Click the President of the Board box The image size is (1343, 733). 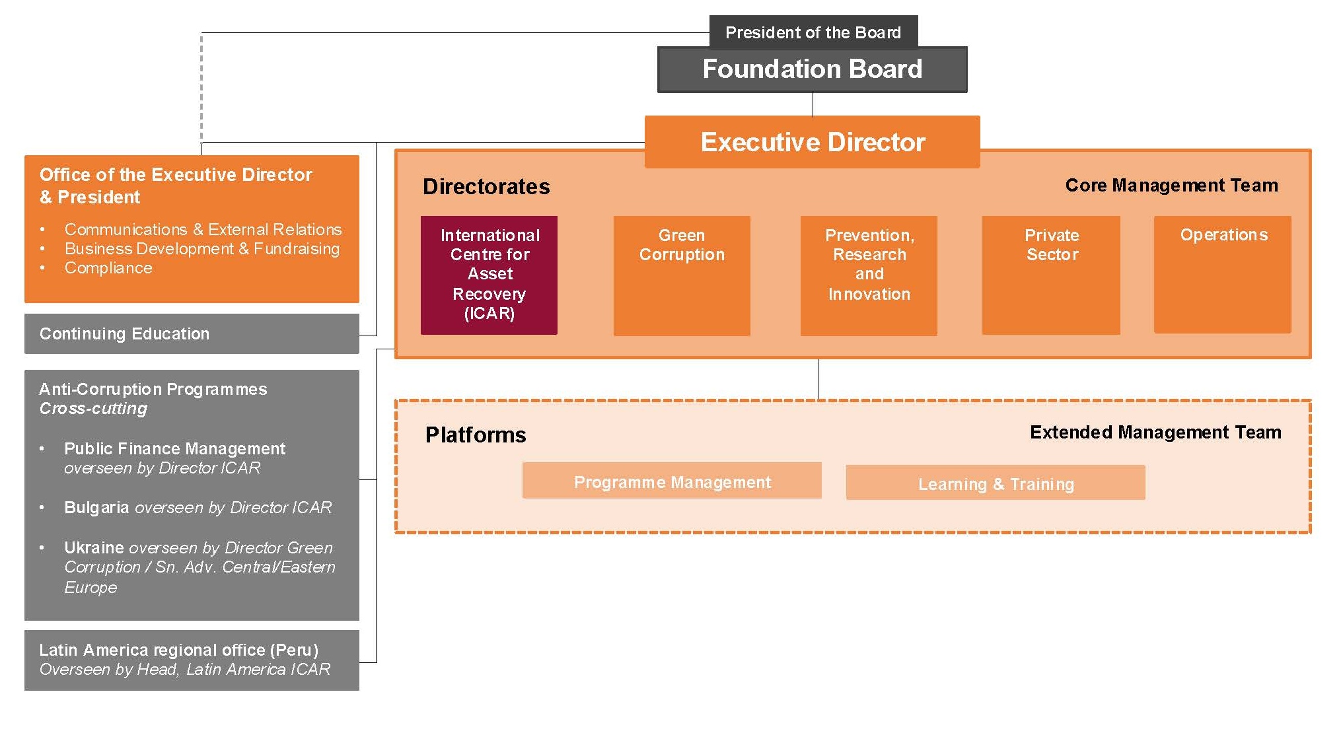(813, 32)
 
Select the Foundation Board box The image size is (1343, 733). (812, 69)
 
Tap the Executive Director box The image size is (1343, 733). (812, 142)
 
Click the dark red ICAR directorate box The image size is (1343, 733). (489, 275)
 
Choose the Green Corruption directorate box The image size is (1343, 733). (682, 275)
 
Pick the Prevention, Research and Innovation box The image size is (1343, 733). (869, 275)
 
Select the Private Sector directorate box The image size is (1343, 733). (1051, 275)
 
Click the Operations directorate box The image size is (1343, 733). (1222, 274)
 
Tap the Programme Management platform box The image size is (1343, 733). (672, 481)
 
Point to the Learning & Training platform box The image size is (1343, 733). (996, 483)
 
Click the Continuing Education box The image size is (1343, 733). (192, 333)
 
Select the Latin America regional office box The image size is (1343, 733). (192, 660)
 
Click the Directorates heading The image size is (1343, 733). (486, 187)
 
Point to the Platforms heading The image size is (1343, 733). (476, 435)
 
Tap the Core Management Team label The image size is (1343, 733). (1171, 186)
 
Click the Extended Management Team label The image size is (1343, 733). (1155, 433)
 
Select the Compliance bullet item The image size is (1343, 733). (108, 268)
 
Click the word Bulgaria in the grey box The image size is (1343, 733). (96, 508)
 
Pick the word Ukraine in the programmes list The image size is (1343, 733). (94, 548)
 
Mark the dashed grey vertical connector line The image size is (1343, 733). (201, 86)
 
